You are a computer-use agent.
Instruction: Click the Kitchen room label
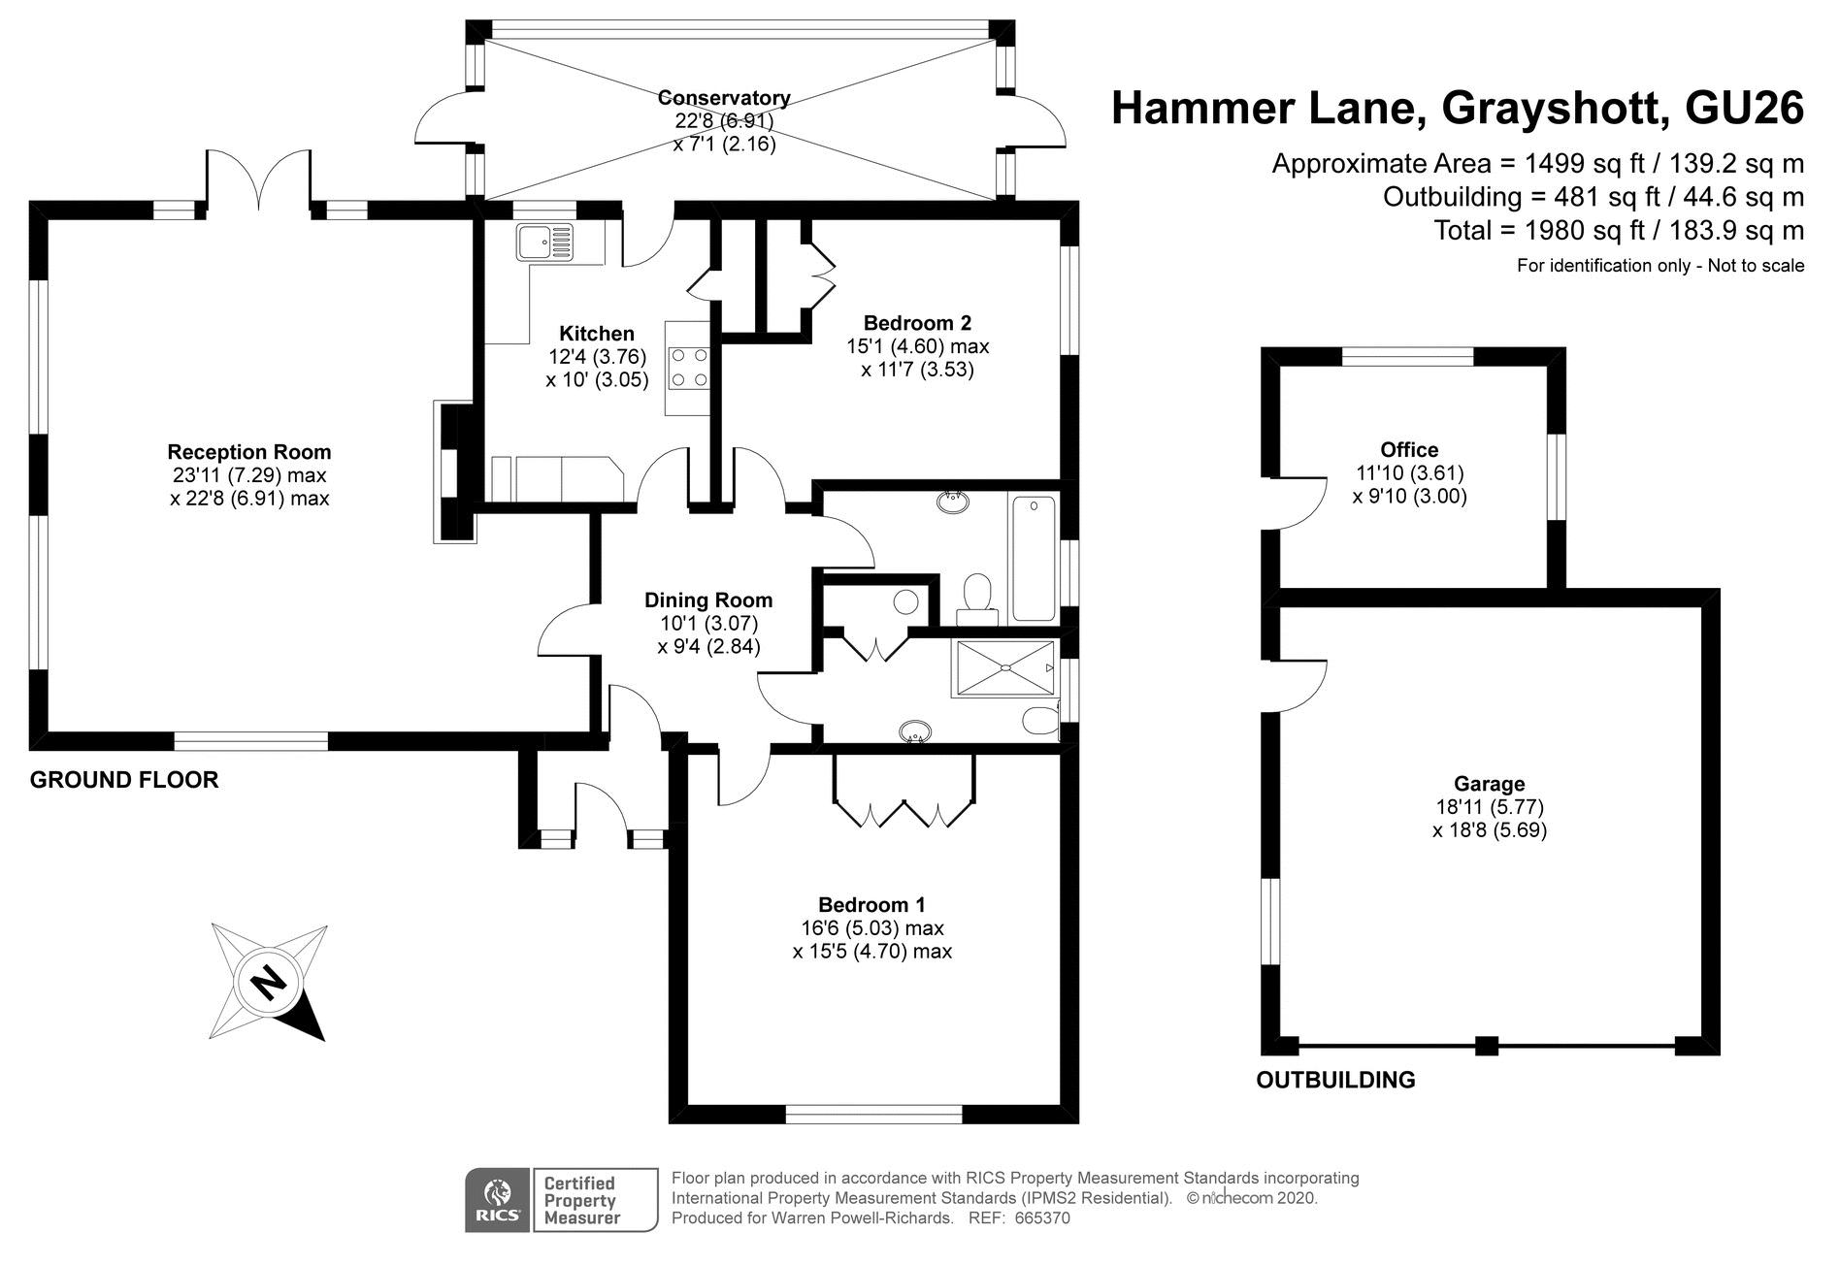tap(596, 334)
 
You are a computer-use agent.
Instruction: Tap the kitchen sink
tap(544, 242)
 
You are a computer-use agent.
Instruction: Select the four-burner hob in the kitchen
tap(688, 367)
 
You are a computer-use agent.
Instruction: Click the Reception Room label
tap(249, 452)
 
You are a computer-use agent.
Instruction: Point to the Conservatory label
tap(724, 98)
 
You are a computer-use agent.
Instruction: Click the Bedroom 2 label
tap(917, 323)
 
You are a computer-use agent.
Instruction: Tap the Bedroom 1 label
tap(871, 905)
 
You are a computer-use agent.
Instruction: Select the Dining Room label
tap(708, 600)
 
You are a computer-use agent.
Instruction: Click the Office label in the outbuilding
tap(1409, 450)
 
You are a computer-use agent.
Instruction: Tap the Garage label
tap(1489, 784)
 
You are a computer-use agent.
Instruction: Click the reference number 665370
tap(1042, 1218)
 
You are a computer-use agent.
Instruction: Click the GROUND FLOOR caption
tap(124, 780)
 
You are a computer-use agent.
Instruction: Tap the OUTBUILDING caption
tap(1335, 1080)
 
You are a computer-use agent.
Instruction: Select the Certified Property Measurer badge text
tap(581, 1200)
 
